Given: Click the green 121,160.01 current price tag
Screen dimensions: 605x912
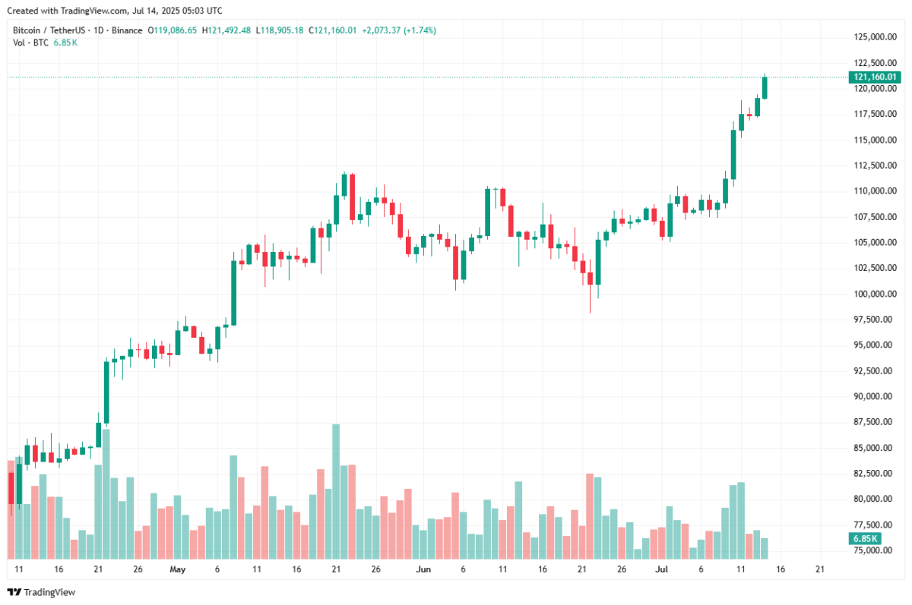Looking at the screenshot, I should pos(874,77).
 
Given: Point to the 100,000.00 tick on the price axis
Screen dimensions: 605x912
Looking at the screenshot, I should pos(872,294).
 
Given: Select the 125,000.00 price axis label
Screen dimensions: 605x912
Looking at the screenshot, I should pos(872,37).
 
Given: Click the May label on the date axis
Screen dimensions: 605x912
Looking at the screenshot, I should pos(177,569).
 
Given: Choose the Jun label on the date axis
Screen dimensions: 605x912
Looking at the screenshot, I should pos(424,569).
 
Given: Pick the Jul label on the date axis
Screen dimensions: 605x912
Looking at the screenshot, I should pos(661,569).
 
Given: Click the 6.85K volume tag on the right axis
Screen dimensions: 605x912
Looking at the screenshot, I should pos(864,539).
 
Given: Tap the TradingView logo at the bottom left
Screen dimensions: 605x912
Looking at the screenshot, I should pos(41,592).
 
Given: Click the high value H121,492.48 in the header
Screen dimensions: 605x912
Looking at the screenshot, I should pos(227,30).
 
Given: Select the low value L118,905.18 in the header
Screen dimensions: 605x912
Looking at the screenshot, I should pos(279,30).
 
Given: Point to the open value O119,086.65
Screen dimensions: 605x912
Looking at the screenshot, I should pos(172,30).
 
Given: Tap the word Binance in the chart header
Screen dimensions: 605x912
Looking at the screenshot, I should pos(126,30).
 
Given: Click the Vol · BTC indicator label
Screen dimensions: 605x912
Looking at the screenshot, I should pos(30,43).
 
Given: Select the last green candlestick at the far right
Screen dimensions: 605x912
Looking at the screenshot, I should pos(765,87).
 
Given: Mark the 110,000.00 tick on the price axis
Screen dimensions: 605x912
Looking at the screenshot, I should pos(872,191).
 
